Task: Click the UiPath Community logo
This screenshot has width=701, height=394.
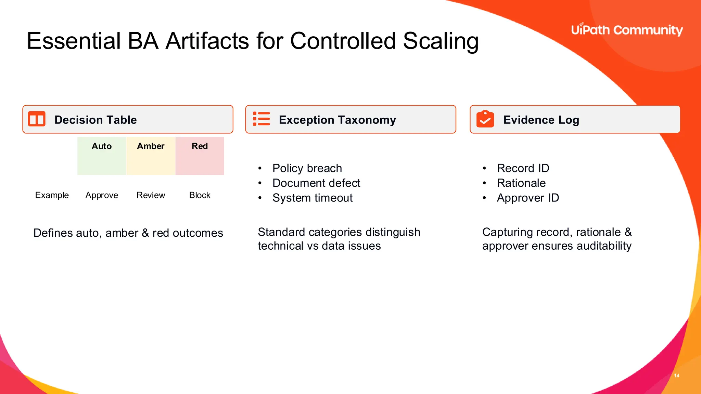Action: [x=627, y=30]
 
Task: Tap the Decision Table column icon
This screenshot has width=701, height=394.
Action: [x=37, y=119]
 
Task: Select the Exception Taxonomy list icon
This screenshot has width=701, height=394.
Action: [x=262, y=119]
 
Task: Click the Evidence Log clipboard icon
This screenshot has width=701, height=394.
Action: [x=485, y=119]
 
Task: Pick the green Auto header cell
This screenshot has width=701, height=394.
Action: [x=102, y=156]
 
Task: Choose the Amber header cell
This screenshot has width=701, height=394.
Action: [x=151, y=156]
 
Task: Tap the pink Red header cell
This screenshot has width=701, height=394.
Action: [x=200, y=156]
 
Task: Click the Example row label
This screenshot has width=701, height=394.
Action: [x=52, y=195]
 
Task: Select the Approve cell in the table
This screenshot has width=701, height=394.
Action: [x=102, y=195]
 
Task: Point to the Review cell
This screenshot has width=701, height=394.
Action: [x=151, y=195]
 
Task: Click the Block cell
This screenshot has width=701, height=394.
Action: [x=200, y=195]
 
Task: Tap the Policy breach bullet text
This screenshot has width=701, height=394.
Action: [x=307, y=168]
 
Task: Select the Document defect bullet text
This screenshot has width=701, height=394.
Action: [x=316, y=183]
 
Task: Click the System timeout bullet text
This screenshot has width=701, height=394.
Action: [x=313, y=198]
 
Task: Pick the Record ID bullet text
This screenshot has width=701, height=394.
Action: [x=523, y=168]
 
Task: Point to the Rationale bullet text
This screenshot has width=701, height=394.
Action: [x=521, y=183]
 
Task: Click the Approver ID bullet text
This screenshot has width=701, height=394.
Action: [x=528, y=198]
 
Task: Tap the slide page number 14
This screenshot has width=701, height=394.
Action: [x=676, y=376]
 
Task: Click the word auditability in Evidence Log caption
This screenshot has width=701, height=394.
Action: [x=604, y=246]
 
